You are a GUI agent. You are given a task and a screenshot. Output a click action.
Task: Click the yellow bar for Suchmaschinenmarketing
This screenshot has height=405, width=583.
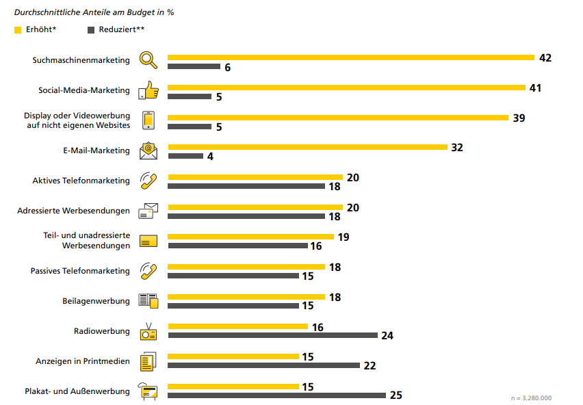pyautogui.click(x=351, y=57)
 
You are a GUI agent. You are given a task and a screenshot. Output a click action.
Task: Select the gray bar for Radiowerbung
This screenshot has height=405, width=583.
pyautogui.click(x=273, y=335)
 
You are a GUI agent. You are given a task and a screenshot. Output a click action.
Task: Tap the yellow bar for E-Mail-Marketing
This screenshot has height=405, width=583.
pyautogui.click(x=307, y=147)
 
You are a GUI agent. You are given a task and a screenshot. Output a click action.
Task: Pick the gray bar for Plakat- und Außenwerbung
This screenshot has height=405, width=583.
pyautogui.click(x=277, y=395)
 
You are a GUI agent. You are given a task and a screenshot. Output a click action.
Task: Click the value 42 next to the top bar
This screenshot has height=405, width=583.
pyautogui.click(x=545, y=58)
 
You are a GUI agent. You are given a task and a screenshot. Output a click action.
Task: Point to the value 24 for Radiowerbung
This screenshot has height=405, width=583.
pyautogui.click(x=387, y=335)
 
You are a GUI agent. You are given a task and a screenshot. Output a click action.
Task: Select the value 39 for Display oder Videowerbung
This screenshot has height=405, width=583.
pyautogui.click(x=519, y=118)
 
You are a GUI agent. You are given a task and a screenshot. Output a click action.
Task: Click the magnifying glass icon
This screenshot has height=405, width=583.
pyautogui.click(x=148, y=60)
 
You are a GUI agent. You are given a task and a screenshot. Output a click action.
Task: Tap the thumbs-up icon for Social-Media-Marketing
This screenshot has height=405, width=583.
pyautogui.click(x=148, y=90)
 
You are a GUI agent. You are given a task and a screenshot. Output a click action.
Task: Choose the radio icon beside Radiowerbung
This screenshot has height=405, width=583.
pyautogui.click(x=148, y=331)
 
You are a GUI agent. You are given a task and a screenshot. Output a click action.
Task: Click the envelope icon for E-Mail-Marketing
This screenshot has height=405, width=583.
pyautogui.click(x=148, y=151)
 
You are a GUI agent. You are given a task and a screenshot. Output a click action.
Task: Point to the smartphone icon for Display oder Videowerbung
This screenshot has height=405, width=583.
pyautogui.click(x=148, y=120)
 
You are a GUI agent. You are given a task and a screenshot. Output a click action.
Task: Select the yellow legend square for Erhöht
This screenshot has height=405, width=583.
pyautogui.click(x=18, y=30)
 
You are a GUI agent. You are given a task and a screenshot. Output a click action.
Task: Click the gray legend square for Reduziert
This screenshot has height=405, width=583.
pyautogui.click(x=91, y=30)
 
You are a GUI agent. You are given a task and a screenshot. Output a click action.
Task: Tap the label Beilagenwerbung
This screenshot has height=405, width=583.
pyautogui.click(x=96, y=301)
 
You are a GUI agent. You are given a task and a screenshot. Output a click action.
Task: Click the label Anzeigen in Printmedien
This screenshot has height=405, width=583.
pyautogui.click(x=83, y=361)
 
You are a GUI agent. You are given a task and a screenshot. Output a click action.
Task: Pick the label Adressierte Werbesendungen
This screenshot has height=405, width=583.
pyautogui.click(x=74, y=211)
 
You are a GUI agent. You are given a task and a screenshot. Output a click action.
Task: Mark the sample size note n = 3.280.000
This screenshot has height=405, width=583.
pyautogui.click(x=531, y=398)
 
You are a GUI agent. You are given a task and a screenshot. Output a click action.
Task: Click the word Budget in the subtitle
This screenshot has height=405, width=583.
pyautogui.click(x=140, y=12)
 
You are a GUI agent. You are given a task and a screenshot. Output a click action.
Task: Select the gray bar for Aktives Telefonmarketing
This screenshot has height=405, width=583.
pyautogui.click(x=246, y=186)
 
